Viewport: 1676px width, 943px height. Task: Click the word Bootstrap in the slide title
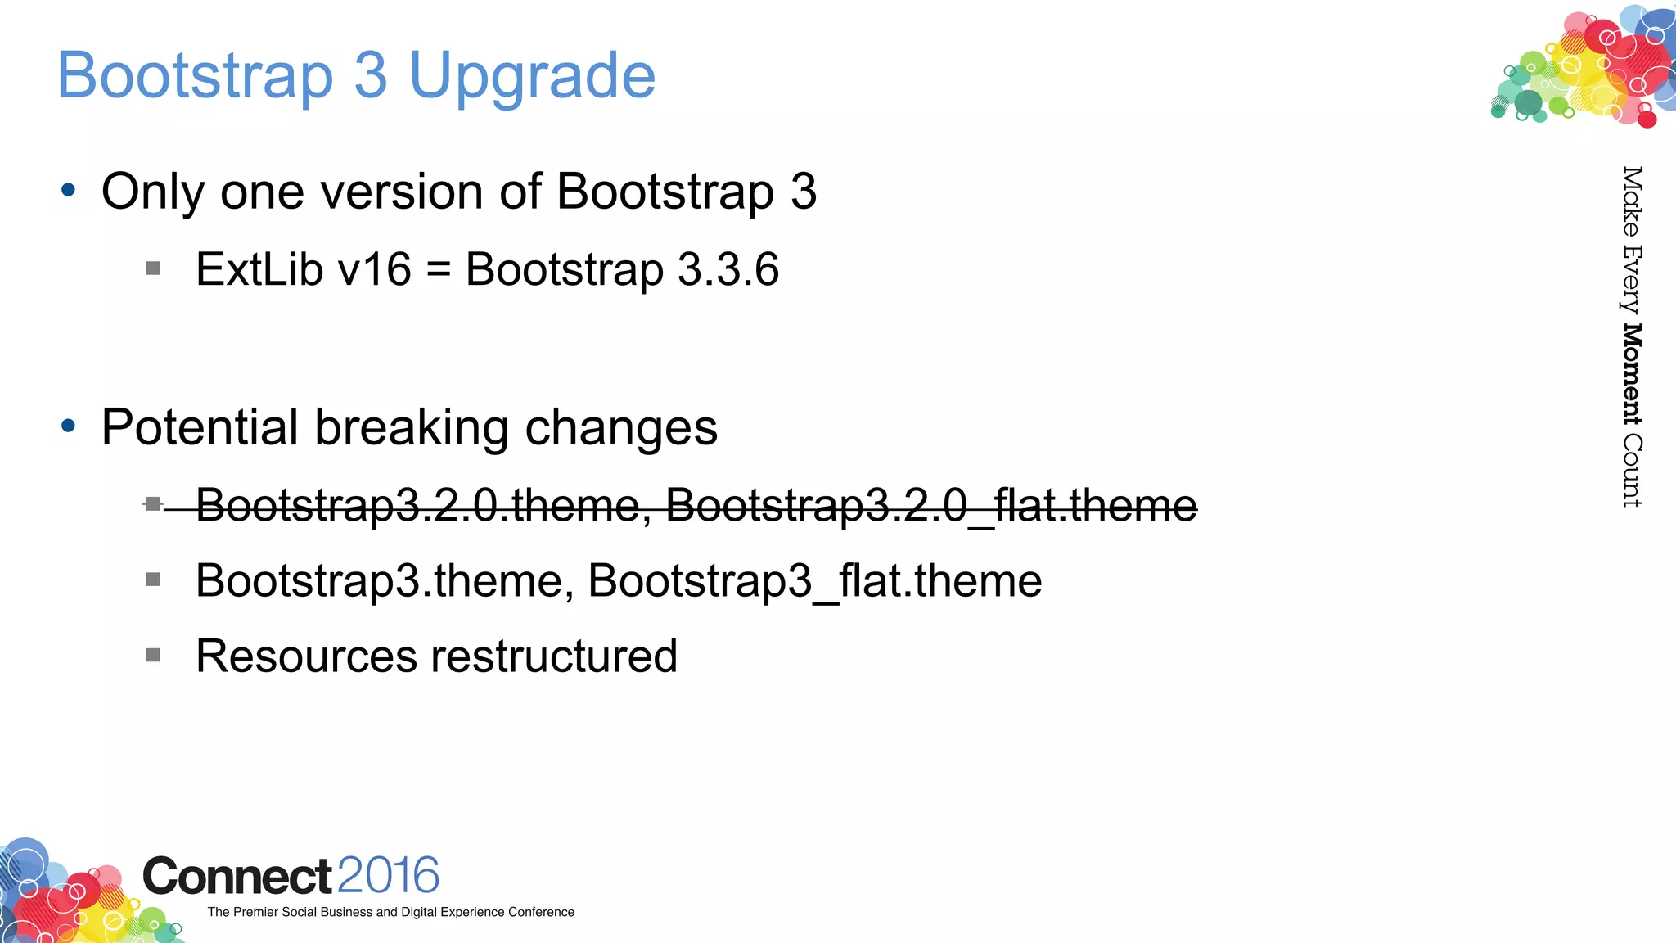point(196,75)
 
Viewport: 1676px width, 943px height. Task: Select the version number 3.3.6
point(728,269)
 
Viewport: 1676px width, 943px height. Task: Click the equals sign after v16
point(439,271)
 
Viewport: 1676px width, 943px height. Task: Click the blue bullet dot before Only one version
point(69,191)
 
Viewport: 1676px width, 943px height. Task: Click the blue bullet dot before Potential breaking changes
point(69,426)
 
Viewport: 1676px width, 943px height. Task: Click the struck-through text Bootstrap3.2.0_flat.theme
point(931,505)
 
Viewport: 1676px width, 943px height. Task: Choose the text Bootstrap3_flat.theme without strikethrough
point(814,581)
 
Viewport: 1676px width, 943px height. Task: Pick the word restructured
point(554,656)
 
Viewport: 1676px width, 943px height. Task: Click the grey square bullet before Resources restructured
point(153,655)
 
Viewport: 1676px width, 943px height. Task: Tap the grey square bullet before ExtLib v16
point(153,268)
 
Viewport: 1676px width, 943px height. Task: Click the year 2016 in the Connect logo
point(388,875)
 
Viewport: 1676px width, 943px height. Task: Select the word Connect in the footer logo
point(237,877)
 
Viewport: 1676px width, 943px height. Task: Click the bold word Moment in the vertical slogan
point(1632,374)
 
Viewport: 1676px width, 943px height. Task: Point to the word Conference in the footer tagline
point(541,912)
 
